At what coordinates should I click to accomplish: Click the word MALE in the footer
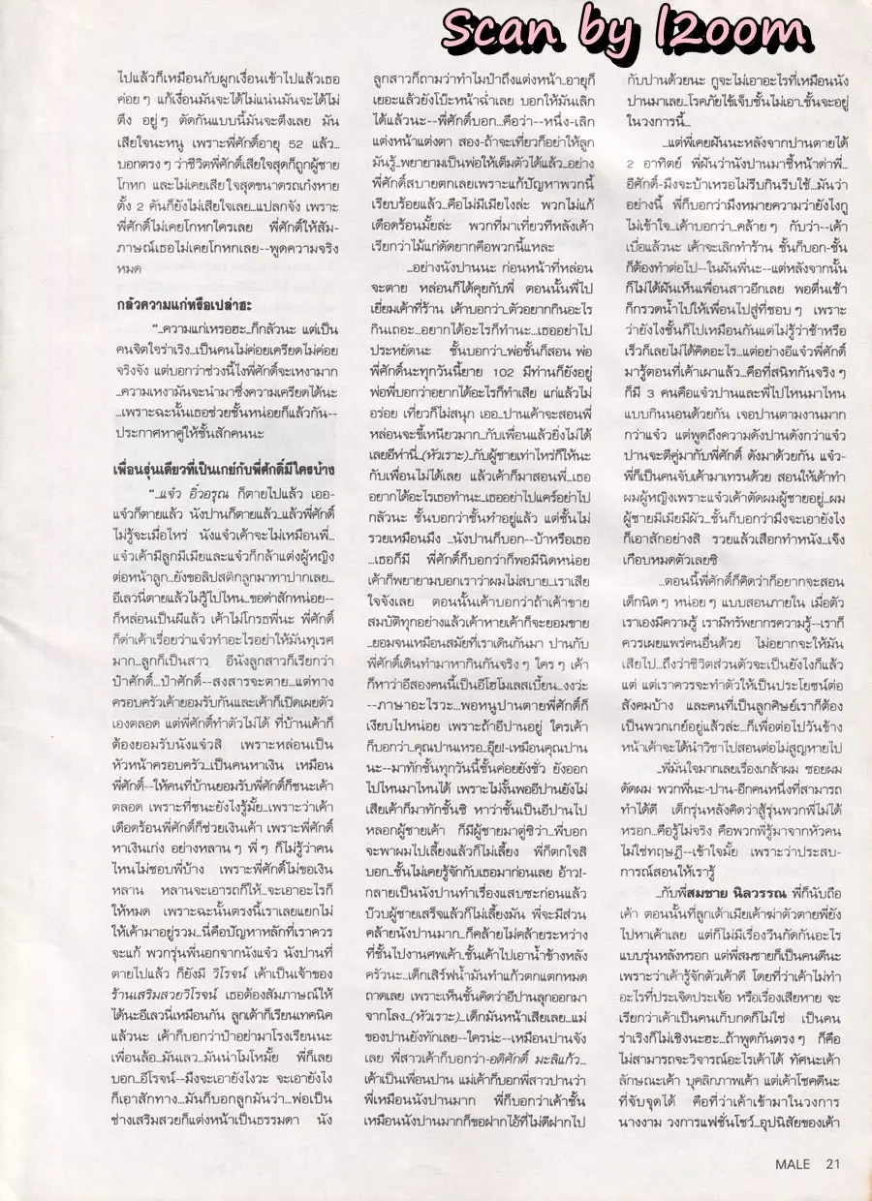(x=794, y=1165)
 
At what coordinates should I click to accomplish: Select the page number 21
(x=833, y=1165)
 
